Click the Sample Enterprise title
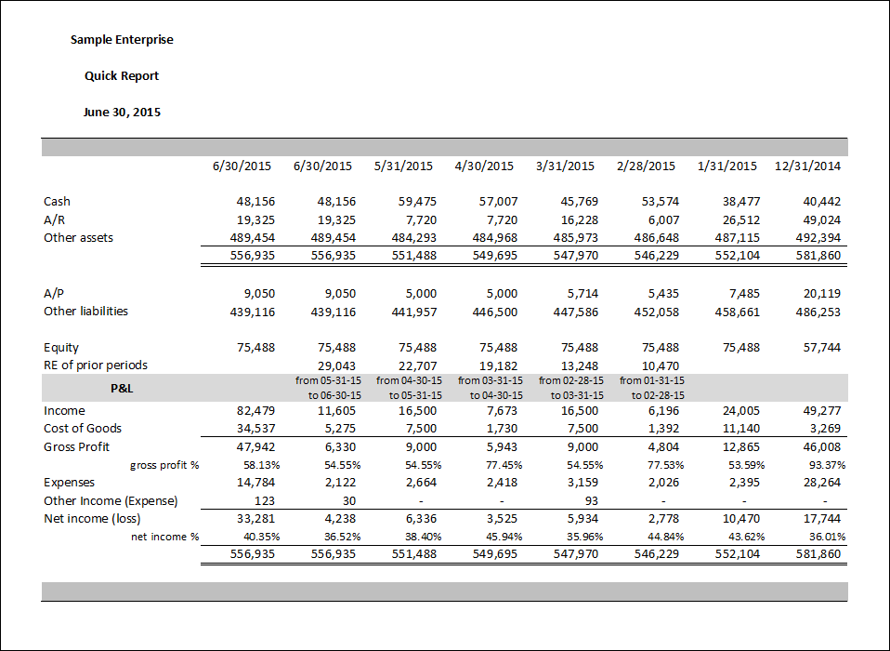coord(122,40)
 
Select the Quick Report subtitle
coord(122,76)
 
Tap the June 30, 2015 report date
coord(122,112)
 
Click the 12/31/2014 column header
coord(807,166)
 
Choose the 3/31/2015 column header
coord(566,166)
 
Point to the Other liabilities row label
coord(85,312)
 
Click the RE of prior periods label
coord(96,365)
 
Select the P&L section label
coord(122,389)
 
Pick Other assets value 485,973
coord(576,238)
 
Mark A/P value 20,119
coord(822,294)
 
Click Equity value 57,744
coord(822,348)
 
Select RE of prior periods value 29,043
coord(336,365)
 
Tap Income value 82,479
coord(256,411)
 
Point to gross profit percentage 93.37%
coord(827,465)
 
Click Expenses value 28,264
coord(822,483)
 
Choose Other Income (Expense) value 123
coord(265,501)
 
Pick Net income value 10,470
coord(740,519)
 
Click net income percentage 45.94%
coord(504,537)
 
